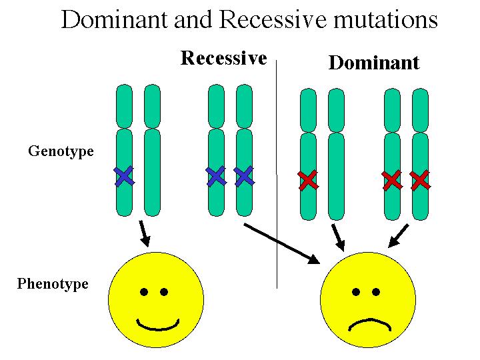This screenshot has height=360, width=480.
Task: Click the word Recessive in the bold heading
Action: [223, 58]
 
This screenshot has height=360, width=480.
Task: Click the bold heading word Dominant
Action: [374, 63]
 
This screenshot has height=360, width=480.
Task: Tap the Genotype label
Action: [61, 151]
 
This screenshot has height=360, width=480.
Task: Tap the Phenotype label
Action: [53, 284]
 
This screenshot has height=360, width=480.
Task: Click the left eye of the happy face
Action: [143, 291]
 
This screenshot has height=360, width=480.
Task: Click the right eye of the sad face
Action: [376, 291]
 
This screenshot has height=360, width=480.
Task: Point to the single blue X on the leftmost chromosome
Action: [124, 175]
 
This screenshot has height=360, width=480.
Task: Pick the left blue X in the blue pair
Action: [216, 175]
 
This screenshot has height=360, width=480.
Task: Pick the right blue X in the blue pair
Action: [245, 175]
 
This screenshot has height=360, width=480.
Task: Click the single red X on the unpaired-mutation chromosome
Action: [307, 179]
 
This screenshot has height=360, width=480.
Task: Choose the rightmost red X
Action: [420, 179]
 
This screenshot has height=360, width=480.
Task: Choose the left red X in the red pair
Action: [392, 179]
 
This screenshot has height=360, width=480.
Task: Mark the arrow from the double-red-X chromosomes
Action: [398, 235]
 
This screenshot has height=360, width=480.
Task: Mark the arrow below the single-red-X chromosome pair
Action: [338, 237]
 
